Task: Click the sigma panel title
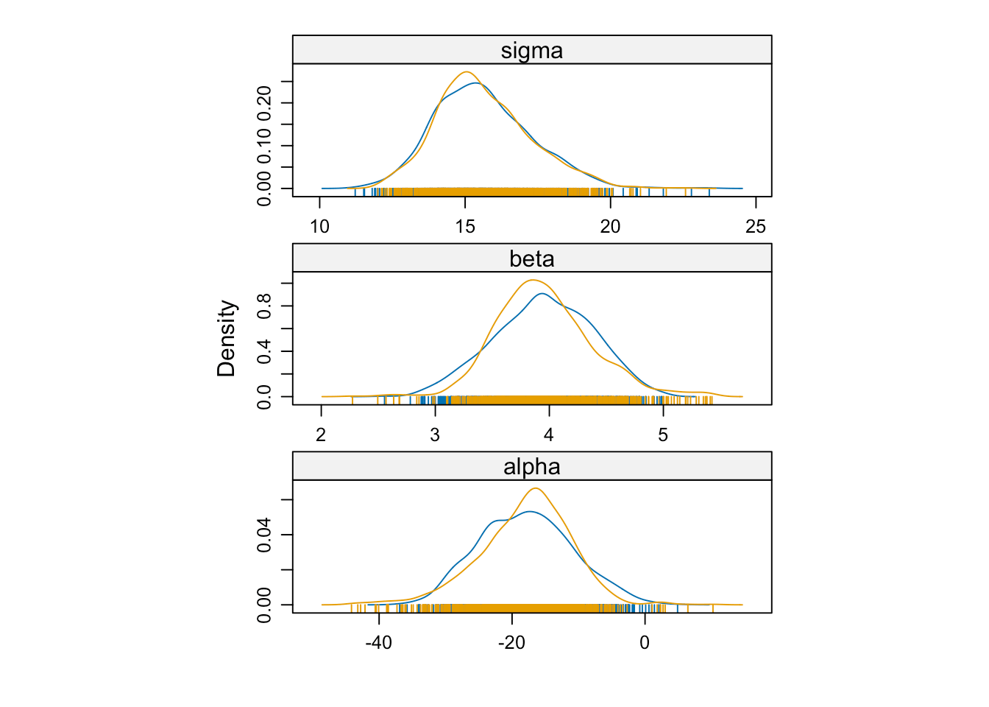(531, 51)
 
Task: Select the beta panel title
(531, 259)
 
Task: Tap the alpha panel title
(531, 467)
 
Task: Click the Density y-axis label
(226, 338)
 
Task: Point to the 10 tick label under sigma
(320, 226)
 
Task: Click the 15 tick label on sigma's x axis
(465, 226)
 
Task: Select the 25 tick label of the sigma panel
(756, 226)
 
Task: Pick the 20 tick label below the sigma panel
(610, 226)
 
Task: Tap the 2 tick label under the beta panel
(321, 435)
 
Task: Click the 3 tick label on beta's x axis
(435, 435)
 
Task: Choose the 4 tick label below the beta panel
(549, 435)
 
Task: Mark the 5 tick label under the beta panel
(663, 435)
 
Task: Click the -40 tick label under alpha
(378, 642)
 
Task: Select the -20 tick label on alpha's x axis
(511, 642)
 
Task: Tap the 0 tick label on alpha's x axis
(645, 642)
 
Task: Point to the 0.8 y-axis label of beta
(264, 306)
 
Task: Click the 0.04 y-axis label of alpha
(264, 535)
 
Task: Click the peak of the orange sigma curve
(467, 71)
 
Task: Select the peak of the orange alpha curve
(535, 488)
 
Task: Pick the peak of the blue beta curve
(542, 294)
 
